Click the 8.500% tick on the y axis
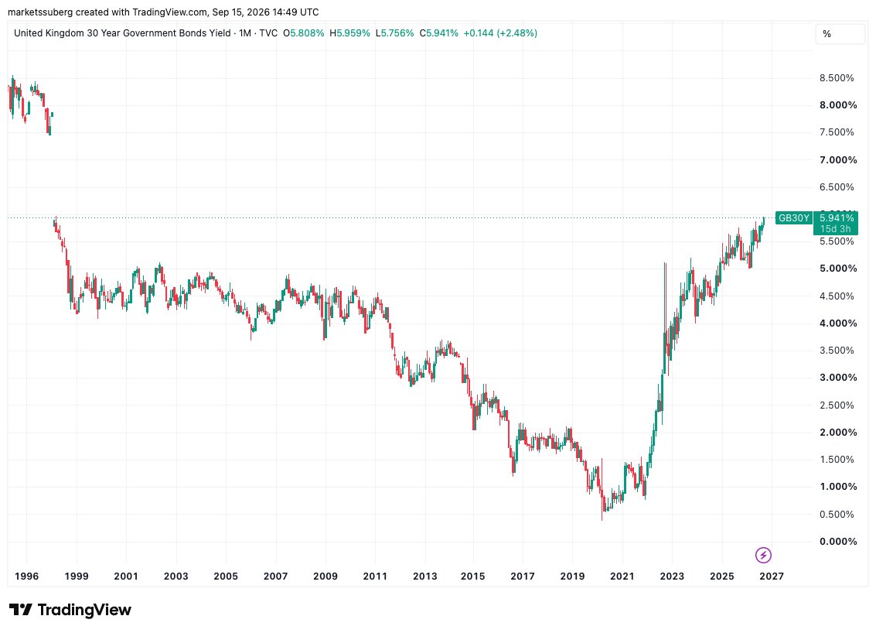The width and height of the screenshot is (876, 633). [x=837, y=77]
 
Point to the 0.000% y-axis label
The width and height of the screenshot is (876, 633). [x=838, y=541]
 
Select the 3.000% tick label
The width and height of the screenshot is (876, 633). [x=838, y=378]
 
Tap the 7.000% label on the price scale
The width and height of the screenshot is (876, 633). [x=838, y=160]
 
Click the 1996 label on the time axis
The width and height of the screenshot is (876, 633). [x=26, y=576]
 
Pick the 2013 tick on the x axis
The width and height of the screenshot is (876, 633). [x=424, y=576]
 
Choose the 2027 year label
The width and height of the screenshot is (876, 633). [x=772, y=576]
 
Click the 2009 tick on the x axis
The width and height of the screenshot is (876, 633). [x=326, y=576]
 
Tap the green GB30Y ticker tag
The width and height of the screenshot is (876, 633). [x=794, y=218]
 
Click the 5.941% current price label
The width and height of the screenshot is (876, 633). [x=837, y=218]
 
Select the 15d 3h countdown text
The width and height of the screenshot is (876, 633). [x=835, y=229]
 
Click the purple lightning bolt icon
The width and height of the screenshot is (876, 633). [x=763, y=556]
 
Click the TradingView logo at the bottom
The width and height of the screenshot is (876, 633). [x=70, y=610]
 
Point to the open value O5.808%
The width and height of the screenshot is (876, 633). [x=303, y=33]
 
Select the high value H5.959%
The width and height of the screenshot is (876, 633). [x=349, y=33]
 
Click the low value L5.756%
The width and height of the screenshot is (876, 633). [x=394, y=33]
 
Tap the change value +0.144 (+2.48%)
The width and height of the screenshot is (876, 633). [x=500, y=33]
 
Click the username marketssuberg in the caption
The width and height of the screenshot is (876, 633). [x=40, y=12]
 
